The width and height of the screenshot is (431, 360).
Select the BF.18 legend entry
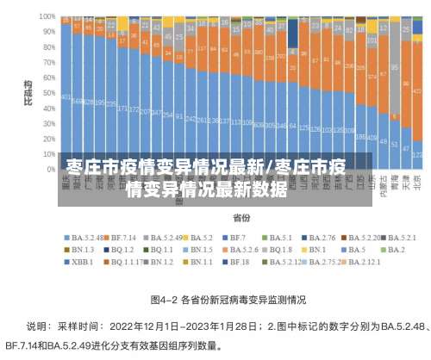[240, 261]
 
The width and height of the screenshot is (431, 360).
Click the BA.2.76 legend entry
[320, 237]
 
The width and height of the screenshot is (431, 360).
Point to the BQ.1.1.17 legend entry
[125, 261]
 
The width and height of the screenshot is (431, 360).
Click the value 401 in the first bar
[66, 97]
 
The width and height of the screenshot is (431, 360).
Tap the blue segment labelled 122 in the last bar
[417, 154]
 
